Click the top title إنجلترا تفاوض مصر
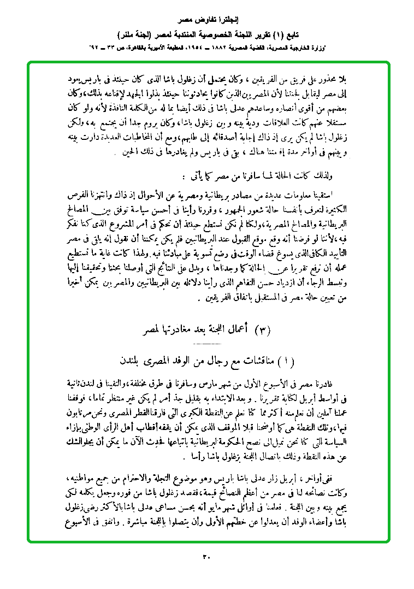point(206,21)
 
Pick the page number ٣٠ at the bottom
point(206,558)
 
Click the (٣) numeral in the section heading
point(263,331)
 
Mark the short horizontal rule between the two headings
point(207,346)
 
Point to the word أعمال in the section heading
point(238,330)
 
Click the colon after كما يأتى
point(183,176)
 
